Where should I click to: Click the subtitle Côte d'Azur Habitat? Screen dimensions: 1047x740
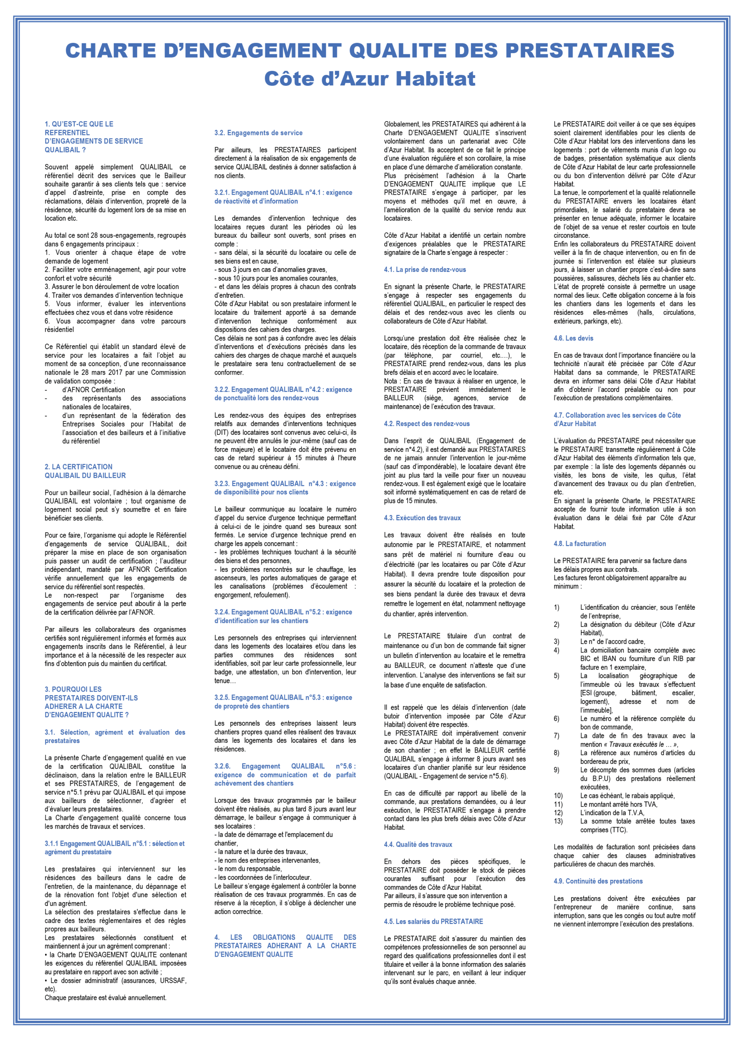coord(370,79)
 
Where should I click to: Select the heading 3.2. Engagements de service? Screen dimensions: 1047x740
coord(258,133)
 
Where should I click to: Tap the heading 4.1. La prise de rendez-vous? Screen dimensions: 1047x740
coord(424,270)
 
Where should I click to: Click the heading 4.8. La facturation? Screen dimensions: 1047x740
coord(580,544)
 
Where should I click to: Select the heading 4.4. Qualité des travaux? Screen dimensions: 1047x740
coord(418,845)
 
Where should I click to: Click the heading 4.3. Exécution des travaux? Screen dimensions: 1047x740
coord(422,518)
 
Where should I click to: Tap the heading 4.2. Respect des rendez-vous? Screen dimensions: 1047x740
coord(426,424)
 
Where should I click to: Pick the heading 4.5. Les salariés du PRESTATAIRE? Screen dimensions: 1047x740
coord(433,921)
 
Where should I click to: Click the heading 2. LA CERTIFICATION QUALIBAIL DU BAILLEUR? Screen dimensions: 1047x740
coord(85,471)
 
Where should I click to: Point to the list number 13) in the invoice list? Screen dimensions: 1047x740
coord(558,821)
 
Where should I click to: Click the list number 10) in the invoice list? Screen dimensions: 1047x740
coord(558,796)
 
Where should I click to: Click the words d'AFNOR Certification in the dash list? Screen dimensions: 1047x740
coord(94,389)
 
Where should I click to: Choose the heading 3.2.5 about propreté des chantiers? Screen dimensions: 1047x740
coord(283,701)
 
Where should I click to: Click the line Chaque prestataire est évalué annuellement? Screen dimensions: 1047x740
coord(105,998)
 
